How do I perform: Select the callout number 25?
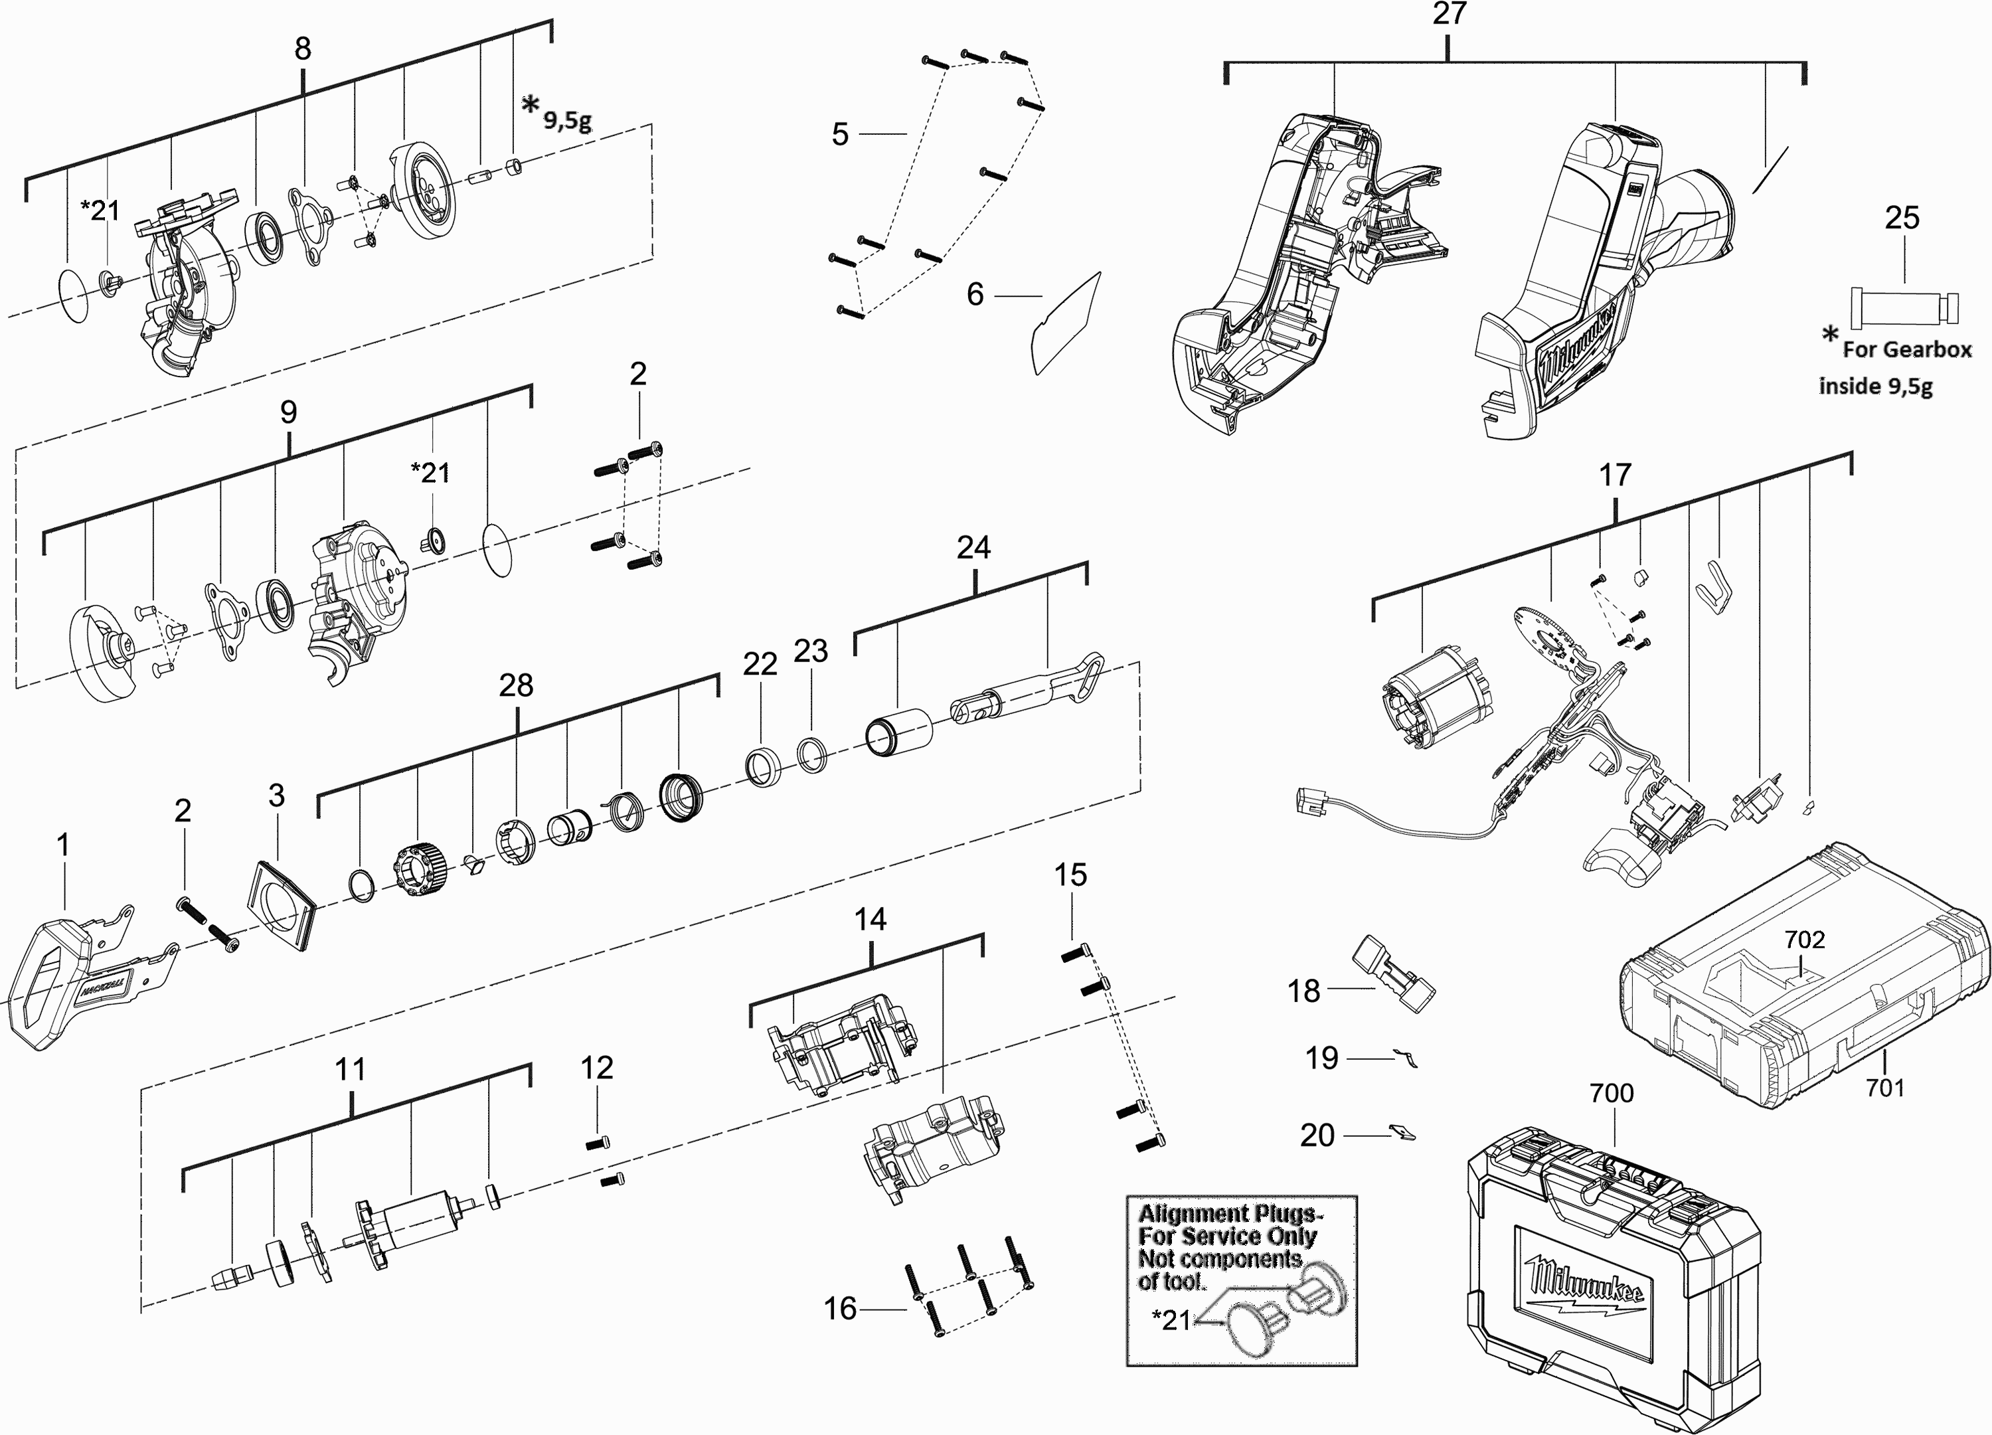tap(1902, 218)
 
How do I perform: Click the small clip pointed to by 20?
tap(1402, 1133)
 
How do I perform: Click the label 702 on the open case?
tap(1804, 939)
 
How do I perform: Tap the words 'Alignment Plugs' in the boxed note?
tap(1230, 1214)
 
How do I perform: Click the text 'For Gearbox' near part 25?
tap(1906, 349)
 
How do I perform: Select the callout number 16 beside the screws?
tap(840, 1309)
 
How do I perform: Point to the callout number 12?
tap(596, 1067)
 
